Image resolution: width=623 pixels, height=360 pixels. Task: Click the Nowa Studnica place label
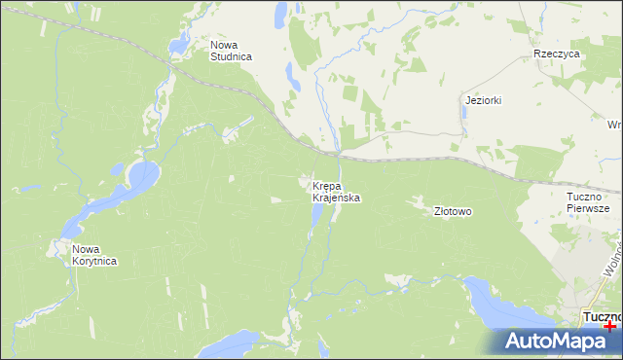tap(231, 51)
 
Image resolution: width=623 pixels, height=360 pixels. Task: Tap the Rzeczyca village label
tap(557, 54)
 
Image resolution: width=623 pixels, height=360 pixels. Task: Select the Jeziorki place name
tap(483, 100)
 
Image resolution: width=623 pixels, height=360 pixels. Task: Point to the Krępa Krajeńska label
tap(336, 191)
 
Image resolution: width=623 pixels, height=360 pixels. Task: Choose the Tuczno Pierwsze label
tap(587, 202)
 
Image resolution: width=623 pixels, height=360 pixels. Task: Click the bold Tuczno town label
tap(602, 316)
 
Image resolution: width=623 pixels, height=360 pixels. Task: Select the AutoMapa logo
tap(555, 342)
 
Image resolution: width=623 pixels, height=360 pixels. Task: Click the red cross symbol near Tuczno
tap(609, 327)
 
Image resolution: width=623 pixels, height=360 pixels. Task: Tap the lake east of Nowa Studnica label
tap(290, 74)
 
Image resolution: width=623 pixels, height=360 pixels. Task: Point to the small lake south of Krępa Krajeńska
tap(315, 213)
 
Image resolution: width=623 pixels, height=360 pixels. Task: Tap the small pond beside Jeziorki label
tap(465, 113)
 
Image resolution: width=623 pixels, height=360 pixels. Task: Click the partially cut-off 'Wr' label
tap(613, 125)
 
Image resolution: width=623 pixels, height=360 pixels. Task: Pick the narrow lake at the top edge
tap(279, 14)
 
